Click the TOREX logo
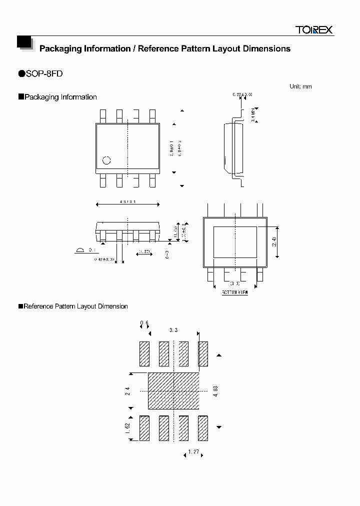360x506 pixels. (x=313, y=30)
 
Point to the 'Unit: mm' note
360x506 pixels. (x=300, y=86)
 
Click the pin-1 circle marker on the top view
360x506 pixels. (x=106, y=160)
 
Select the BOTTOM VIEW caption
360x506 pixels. (x=235, y=292)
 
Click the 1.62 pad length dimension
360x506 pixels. (x=127, y=428)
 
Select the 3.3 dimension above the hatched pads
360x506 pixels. (x=173, y=330)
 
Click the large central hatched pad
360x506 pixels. (x=173, y=390)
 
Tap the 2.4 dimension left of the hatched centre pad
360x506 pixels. (x=127, y=391)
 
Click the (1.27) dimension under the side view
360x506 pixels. (x=144, y=251)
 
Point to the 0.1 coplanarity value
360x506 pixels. (x=92, y=249)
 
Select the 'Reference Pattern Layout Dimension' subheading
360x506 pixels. (x=75, y=306)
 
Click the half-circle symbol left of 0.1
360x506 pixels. (x=79, y=250)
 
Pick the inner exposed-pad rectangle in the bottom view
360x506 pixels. (x=235, y=242)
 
